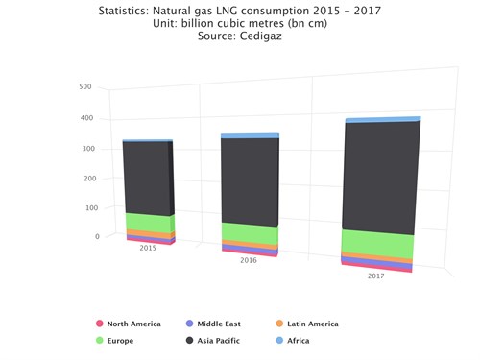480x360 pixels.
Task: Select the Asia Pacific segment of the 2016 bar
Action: [249, 182]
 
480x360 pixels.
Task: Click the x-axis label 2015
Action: [148, 249]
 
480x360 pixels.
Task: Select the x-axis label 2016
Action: [249, 260]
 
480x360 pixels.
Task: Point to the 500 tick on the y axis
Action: [85, 87]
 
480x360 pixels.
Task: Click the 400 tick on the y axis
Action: [85, 118]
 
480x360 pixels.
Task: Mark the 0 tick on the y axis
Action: [96, 236]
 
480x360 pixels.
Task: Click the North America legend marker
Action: [99, 324]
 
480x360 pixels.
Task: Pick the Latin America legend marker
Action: [280, 324]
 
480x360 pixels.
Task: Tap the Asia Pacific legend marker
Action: [190, 341]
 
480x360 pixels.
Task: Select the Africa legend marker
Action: [280, 341]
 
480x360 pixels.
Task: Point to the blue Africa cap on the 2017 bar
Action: [382, 120]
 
